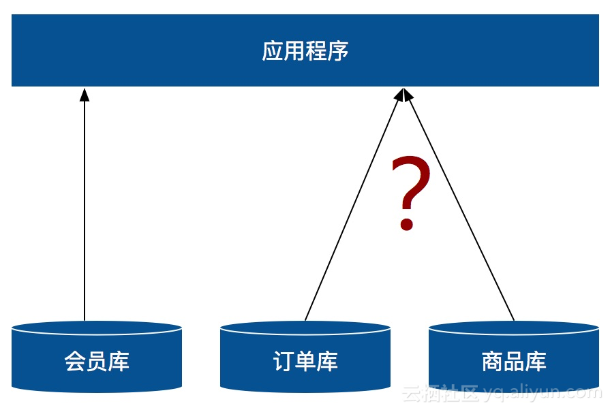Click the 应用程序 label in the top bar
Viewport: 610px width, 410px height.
click(x=305, y=51)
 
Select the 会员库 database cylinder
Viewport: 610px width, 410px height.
click(x=97, y=356)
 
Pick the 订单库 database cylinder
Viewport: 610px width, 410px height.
click(x=305, y=356)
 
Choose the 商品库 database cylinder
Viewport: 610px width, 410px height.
click(x=514, y=356)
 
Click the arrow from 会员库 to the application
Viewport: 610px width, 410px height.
click(x=85, y=204)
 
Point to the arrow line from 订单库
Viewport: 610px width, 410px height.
click(x=354, y=204)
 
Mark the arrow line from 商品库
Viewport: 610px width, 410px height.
click(x=459, y=204)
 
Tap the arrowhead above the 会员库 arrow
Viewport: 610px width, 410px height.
click(x=85, y=95)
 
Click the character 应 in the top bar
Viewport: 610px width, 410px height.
click(x=273, y=51)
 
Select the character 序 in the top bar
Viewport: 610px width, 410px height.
click(x=337, y=51)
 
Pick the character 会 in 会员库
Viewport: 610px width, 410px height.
click(x=75, y=362)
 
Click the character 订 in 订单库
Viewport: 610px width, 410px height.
click(x=284, y=362)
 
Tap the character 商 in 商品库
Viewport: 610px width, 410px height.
click(x=492, y=362)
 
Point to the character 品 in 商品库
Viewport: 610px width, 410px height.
click(x=514, y=362)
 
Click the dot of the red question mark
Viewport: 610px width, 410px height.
click(x=406, y=224)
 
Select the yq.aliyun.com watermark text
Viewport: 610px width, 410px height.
click(x=543, y=393)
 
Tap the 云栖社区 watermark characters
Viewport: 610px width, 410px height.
click(x=440, y=393)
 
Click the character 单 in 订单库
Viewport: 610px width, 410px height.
click(x=305, y=362)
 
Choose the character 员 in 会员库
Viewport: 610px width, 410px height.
click(x=97, y=362)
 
